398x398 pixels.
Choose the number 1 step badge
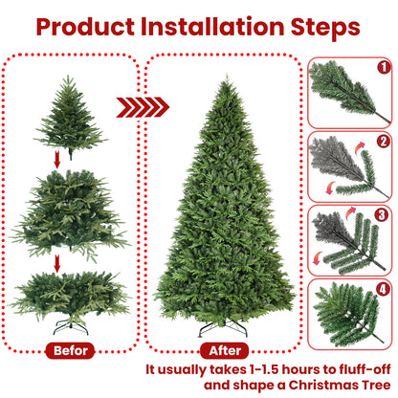click(383, 68)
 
